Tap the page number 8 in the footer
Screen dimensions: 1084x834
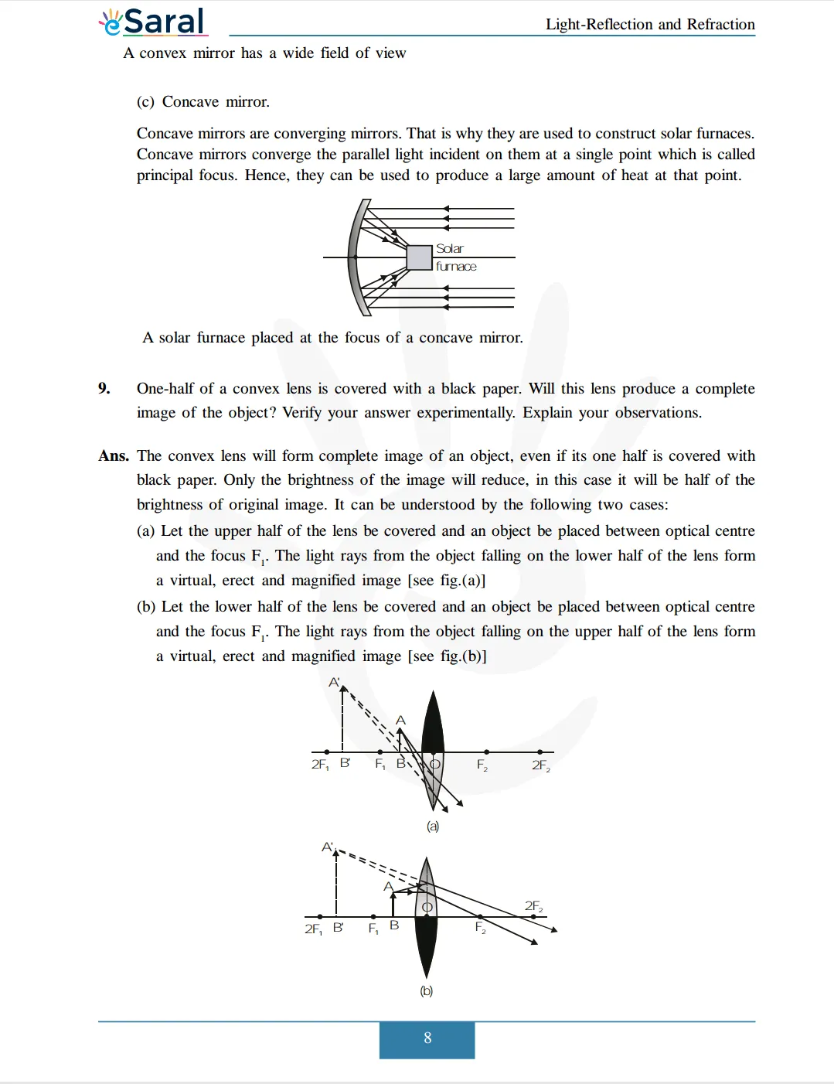427,1038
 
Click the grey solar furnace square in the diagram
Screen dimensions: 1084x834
419,257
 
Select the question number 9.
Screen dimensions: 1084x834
104,388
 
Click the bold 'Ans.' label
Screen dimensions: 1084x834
114,456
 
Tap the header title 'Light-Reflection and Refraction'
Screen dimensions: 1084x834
649,24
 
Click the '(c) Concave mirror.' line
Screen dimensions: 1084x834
203,102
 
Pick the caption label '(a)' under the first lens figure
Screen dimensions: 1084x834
433,827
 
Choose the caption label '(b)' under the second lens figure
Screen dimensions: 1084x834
426,991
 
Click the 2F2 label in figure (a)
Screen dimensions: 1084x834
540,765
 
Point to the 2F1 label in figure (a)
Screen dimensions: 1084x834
320,765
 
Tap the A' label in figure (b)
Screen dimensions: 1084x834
328,847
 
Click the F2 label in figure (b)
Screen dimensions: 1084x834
480,927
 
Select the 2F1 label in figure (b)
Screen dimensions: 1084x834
313,929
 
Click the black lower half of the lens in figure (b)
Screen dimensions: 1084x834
426,947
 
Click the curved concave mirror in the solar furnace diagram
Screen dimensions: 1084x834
355,257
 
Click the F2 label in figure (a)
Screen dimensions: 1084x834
482,765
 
